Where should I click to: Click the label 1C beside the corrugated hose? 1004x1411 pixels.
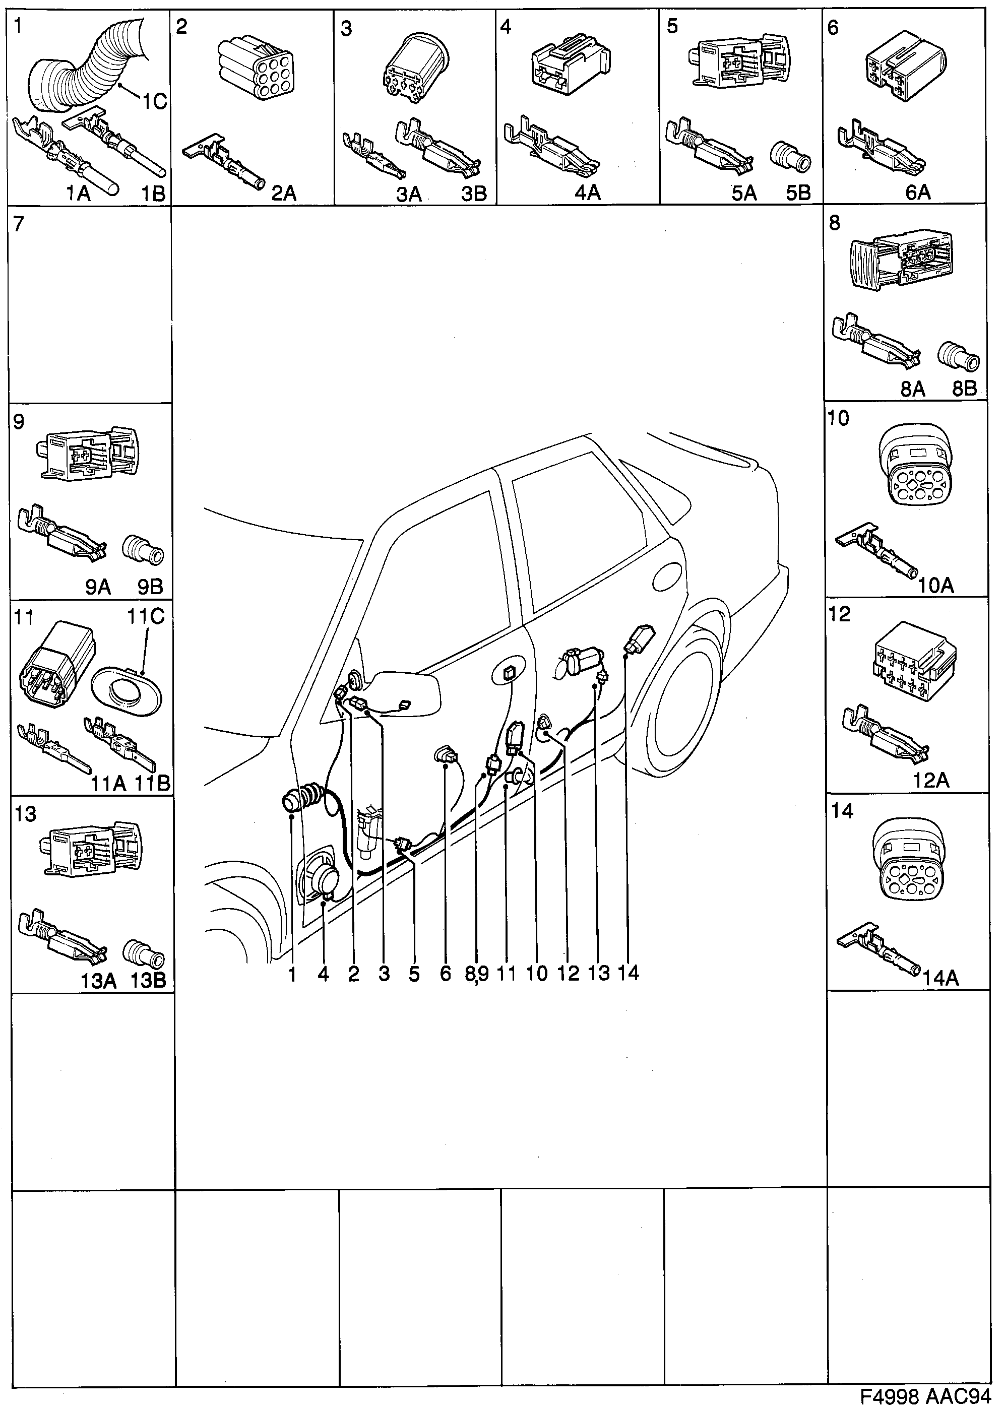(x=155, y=101)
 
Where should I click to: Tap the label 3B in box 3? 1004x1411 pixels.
(x=474, y=194)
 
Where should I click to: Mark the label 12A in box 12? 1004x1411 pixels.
(x=930, y=781)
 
